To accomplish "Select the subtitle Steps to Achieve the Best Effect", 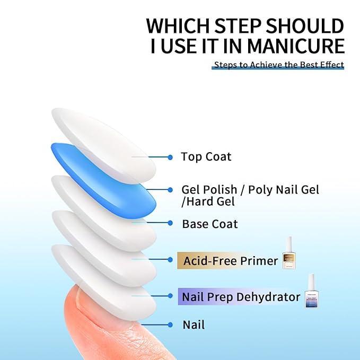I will pyautogui.click(x=278, y=65).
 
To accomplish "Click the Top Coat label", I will pyautogui.click(x=206, y=157).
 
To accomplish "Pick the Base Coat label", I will pyautogui.click(x=209, y=224).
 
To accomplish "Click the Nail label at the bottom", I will pyautogui.click(x=194, y=324).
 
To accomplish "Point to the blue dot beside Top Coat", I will pyautogui.click(x=170, y=157).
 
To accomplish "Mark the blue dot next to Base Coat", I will pyautogui.click(x=170, y=224).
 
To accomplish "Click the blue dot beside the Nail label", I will pyautogui.click(x=170, y=324).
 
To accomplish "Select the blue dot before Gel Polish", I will pyautogui.click(x=170, y=189).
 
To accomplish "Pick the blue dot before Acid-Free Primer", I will pyautogui.click(x=170, y=260).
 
